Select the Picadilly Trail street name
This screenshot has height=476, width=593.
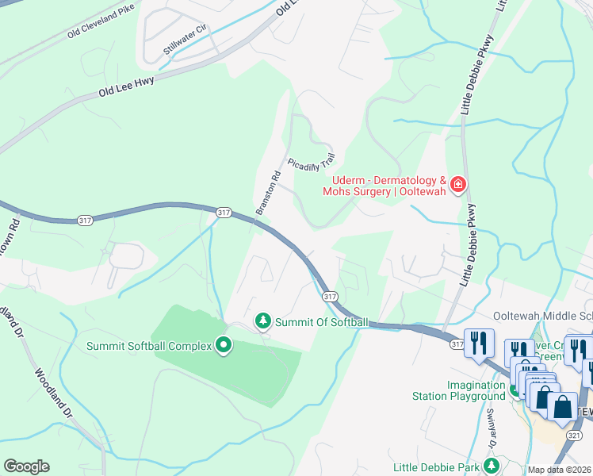pyautogui.click(x=312, y=163)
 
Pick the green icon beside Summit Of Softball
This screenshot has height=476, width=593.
pyautogui.click(x=262, y=321)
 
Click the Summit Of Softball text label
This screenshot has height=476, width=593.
pyautogui.click(x=321, y=322)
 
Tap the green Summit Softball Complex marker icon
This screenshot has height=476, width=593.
pyautogui.click(x=223, y=345)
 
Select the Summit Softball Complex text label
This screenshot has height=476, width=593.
pyautogui.click(x=150, y=346)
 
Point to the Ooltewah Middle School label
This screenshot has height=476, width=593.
pyautogui.click(x=542, y=316)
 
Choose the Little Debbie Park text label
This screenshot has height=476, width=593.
pyautogui.click(x=440, y=465)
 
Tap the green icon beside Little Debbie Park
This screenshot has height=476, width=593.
pyautogui.click(x=491, y=465)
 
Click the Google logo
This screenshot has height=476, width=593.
pyautogui.click(x=26, y=466)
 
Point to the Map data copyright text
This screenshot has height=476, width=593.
pyautogui.click(x=560, y=470)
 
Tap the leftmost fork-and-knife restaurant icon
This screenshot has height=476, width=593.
pyautogui.click(x=479, y=344)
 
